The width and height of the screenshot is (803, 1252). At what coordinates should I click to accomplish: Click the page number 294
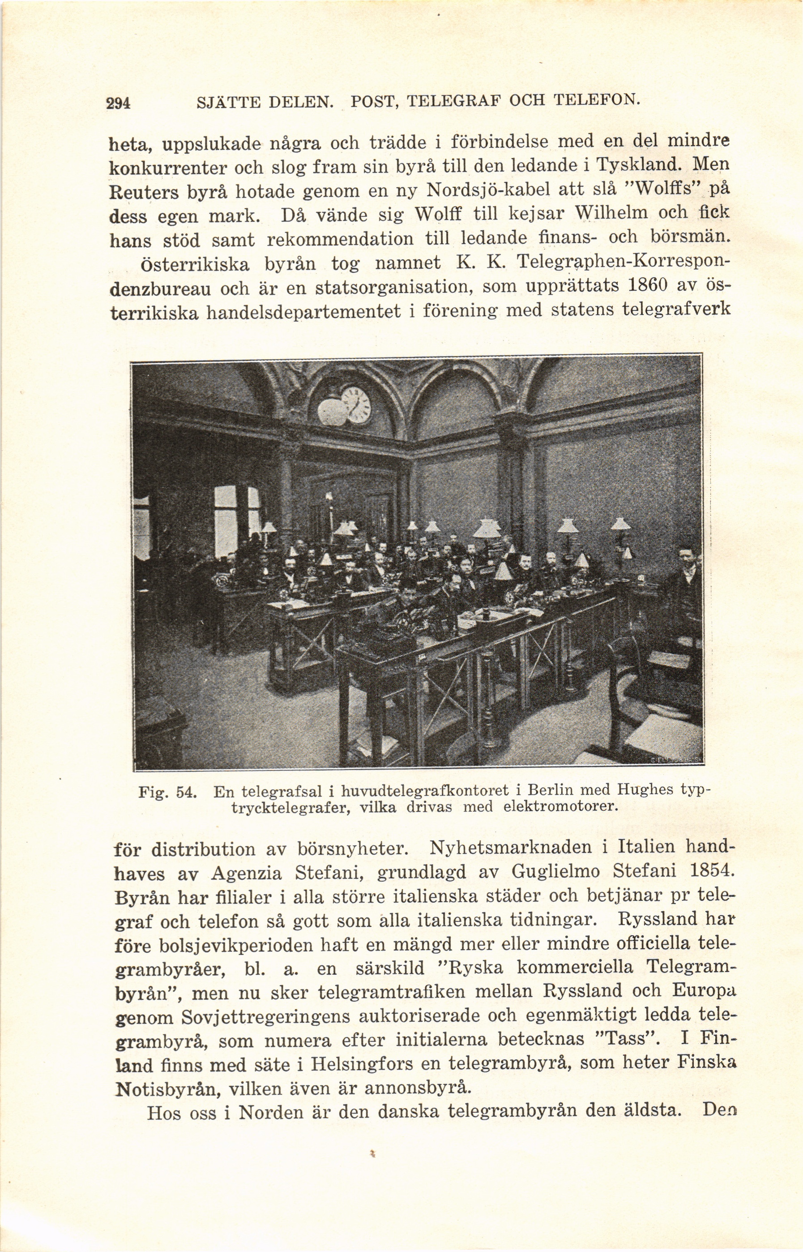118,102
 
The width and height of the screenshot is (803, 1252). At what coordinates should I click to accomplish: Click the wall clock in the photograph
357,405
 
